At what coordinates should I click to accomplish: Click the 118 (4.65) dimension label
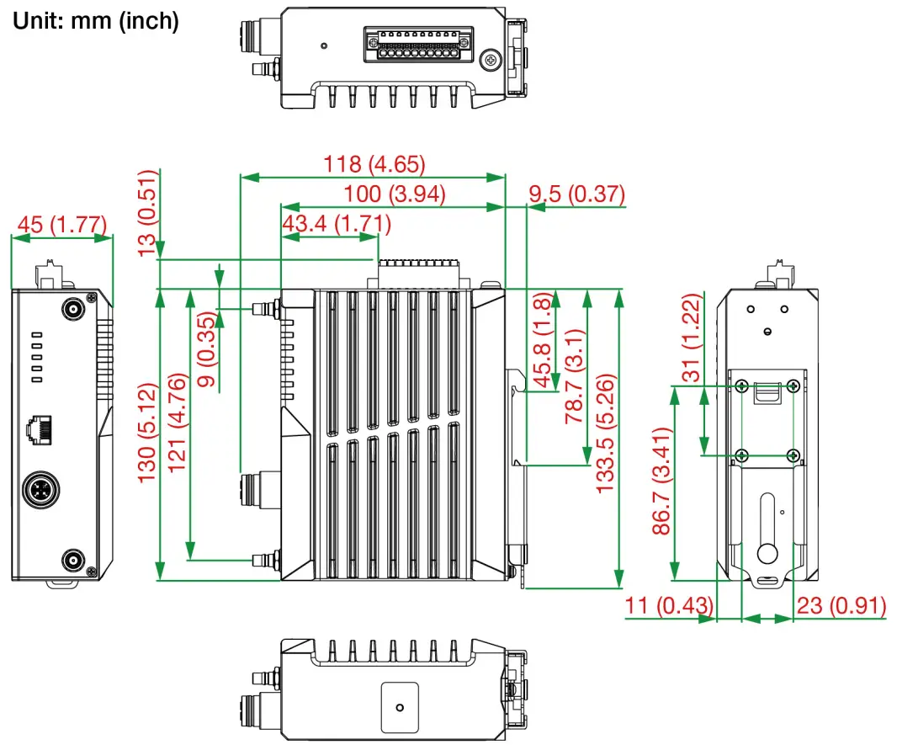[x=374, y=164]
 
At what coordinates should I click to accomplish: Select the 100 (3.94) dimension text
[x=394, y=194]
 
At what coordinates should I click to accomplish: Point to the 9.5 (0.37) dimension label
[x=576, y=194]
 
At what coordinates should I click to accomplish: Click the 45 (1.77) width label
[x=62, y=225]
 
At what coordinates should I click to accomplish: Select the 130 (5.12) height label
[x=148, y=433]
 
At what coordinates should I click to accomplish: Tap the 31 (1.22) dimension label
[x=691, y=337]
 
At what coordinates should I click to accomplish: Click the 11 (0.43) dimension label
[x=669, y=605]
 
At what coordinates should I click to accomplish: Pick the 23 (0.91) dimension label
[x=841, y=605]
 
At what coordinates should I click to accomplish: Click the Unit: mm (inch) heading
[x=95, y=21]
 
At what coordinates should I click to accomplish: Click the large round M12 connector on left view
[x=40, y=491]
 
